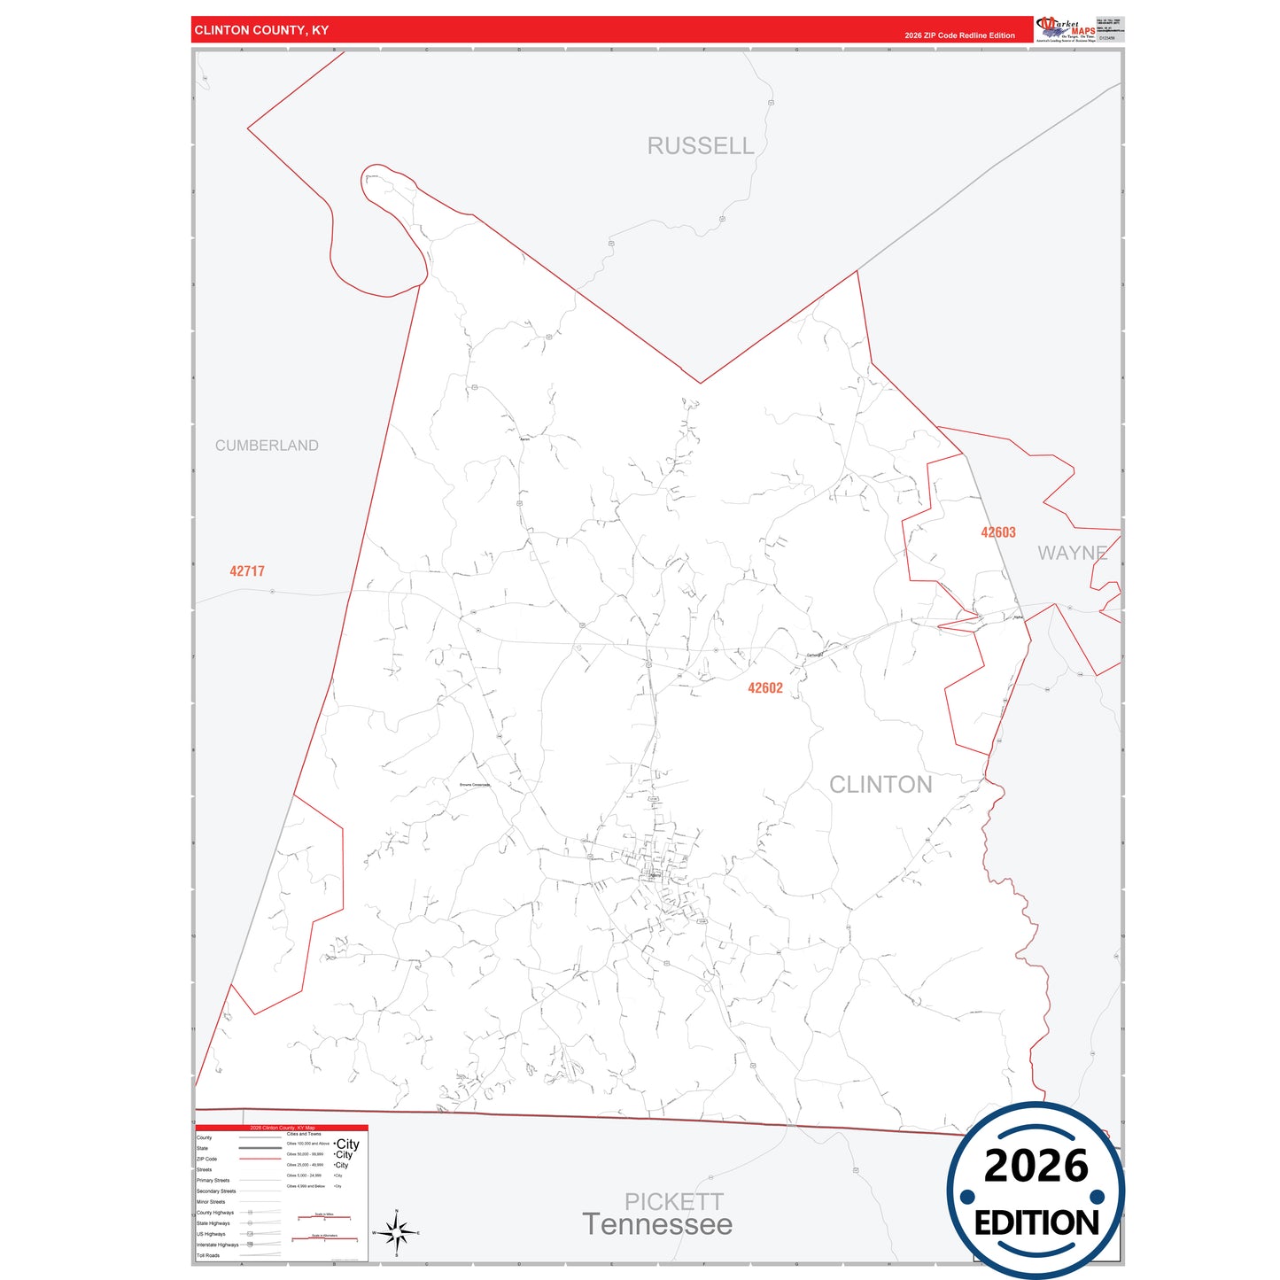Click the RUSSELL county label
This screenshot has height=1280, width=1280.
[x=700, y=146]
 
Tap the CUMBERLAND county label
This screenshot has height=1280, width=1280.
[x=267, y=446]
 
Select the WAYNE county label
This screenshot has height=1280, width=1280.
[x=1072, y=553]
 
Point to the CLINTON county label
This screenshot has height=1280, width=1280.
[x=880, y=785]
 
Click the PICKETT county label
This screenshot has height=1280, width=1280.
[x=674, y=1201]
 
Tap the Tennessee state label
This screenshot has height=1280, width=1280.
[x=657, y=1225]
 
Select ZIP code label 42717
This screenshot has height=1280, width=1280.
[x=247, y=571]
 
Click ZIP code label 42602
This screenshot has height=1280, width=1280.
[x=765, y=688]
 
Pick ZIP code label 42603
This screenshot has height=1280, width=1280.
[x=998, y=532]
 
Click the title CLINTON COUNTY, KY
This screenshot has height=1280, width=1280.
[x=261, y=30]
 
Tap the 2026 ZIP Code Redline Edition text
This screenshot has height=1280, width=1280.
[x=959, y=35]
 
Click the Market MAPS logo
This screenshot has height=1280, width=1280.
[x=1066, y=29]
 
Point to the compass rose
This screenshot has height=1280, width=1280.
[x=396, y=1232]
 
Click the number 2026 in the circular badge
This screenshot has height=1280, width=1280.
[x=1036, y=1166]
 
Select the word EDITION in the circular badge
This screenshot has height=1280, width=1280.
[x=1036, y=1223]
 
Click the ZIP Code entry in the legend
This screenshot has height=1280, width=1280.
[x=206, y=1159]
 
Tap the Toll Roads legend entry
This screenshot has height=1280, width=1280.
[x=208, y=1255]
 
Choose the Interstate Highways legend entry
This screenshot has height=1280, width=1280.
[x=217, y=1245]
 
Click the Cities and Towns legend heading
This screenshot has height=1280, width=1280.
[x=304, y=1134]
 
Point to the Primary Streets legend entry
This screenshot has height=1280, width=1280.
[x=213, y=1180]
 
